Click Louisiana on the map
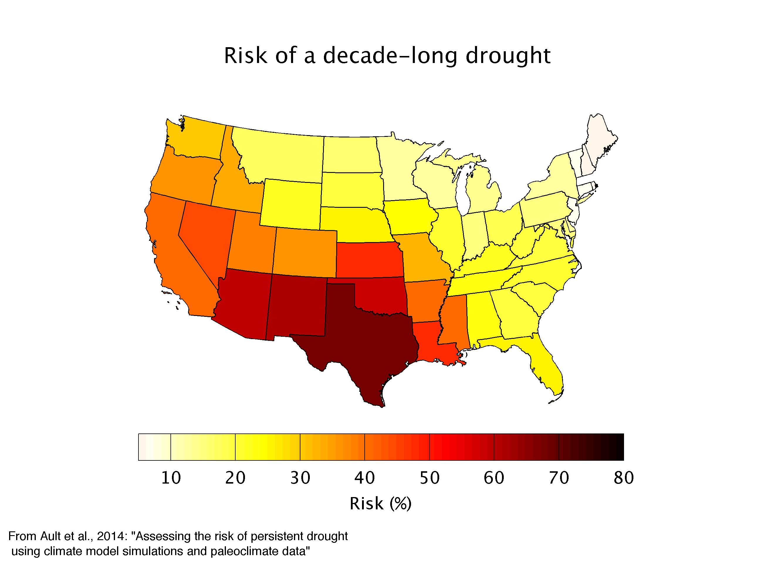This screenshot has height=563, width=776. [428, 345]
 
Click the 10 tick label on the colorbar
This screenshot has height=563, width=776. [171, 478]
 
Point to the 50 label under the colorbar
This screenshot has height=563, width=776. [430, 478]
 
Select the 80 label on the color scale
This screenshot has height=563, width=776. [623, 478]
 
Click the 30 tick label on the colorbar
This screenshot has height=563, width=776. [300, 478]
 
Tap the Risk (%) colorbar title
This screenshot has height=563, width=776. [380, 504]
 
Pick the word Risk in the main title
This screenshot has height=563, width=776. [245, 56]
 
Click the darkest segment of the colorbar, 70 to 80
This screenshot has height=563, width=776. [591, 447]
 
